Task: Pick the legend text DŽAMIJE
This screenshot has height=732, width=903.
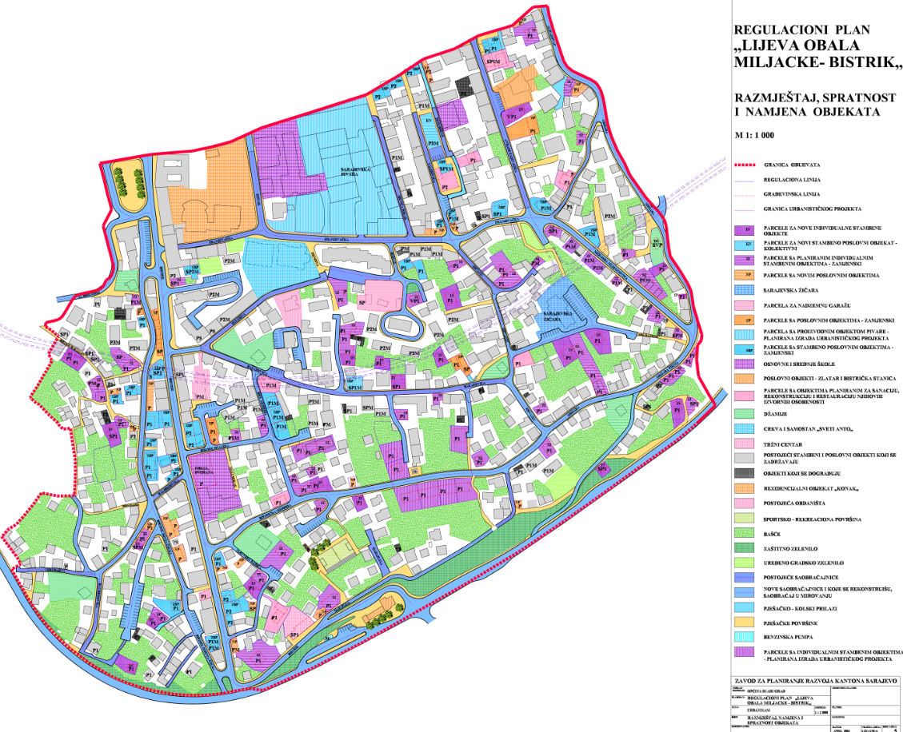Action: pyautogui.click(x=780, y=413)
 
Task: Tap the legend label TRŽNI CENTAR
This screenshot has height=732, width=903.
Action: pyautogui.click(x=786, y=444)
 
